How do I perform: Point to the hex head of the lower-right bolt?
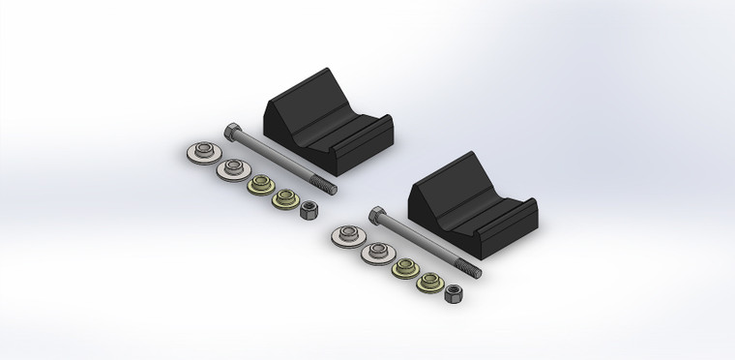pos(375,214)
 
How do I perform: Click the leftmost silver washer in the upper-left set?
pos(201,152)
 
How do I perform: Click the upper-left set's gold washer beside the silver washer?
pos(259,184)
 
